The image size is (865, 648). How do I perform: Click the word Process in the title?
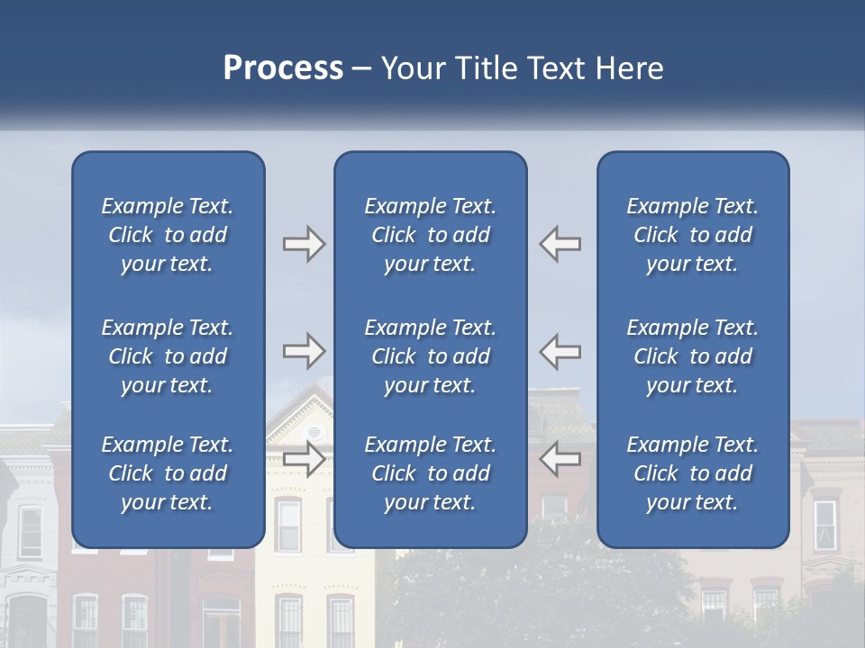pyautogui.click(x=283, y=68)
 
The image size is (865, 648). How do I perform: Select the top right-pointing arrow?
pyautogui.click(x=305, y=244)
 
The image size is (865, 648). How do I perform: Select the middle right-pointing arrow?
pyautogui.click(x=305, y=351)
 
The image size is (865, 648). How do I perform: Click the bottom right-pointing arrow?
pyautogui.click(x=305, y=459)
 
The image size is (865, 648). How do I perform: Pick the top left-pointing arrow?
pyautogui.click(x=560, y=244)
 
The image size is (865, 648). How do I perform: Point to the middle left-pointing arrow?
pyautogui.click(x=560, y=351)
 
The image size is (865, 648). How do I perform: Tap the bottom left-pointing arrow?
pyautogui.click(x=560, y=459)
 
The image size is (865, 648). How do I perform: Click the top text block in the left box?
pyautogui.click(x=168, y=235)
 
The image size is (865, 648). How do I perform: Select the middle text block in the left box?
pyautogui.click(x=168, y=356)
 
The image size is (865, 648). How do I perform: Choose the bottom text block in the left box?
pyautogui.click(x=168, y=473)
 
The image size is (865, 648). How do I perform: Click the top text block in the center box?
pyautogui.click(x=430, y=235)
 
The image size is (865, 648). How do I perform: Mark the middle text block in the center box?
pyautogui.click(x=430, y=356)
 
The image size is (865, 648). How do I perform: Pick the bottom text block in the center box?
pyautogui.click(x=430, y=473)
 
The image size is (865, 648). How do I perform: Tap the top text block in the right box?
pyautogui.click(x=692, y=235)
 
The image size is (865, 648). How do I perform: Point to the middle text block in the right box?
pyautogui.click(x=692, y=356)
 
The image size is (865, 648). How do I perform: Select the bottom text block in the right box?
pyautogui.click(x=692, y=473)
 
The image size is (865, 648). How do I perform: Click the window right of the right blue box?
pyautogui.click(x=824, y=526)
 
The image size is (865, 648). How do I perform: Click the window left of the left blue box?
pyautogui.click(x=31, y=531)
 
